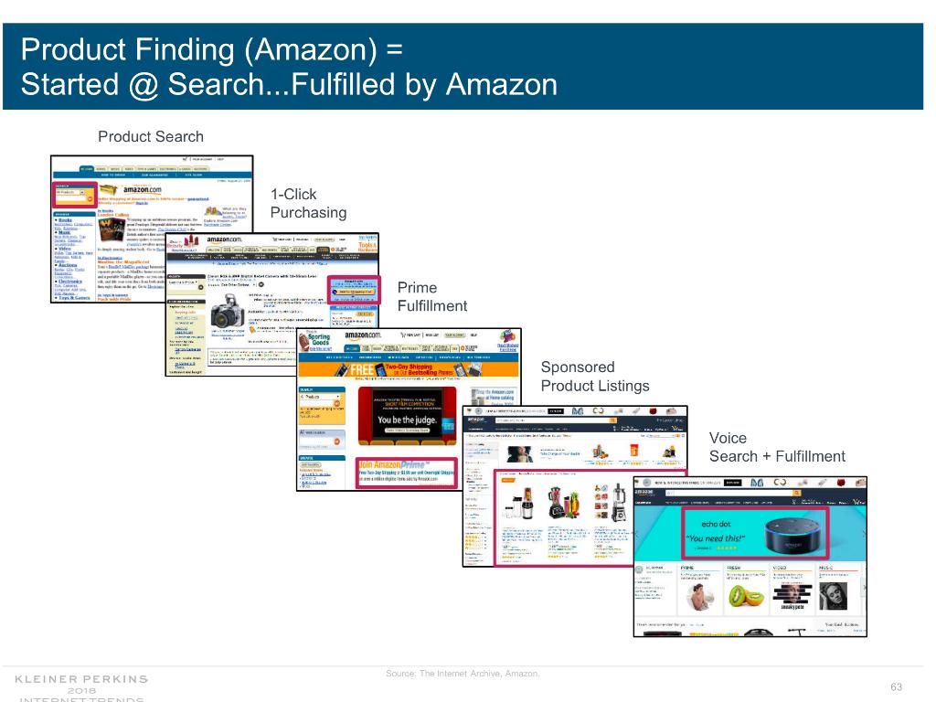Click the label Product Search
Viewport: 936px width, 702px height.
[151, 137]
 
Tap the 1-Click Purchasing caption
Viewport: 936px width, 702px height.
[308, 204]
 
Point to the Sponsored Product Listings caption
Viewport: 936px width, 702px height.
[595, 376]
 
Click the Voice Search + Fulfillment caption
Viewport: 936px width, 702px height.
[777, 448]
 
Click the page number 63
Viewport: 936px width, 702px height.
[896, 687]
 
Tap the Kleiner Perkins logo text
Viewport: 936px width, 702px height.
[81, 679]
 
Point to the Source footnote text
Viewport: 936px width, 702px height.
[463, 675]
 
